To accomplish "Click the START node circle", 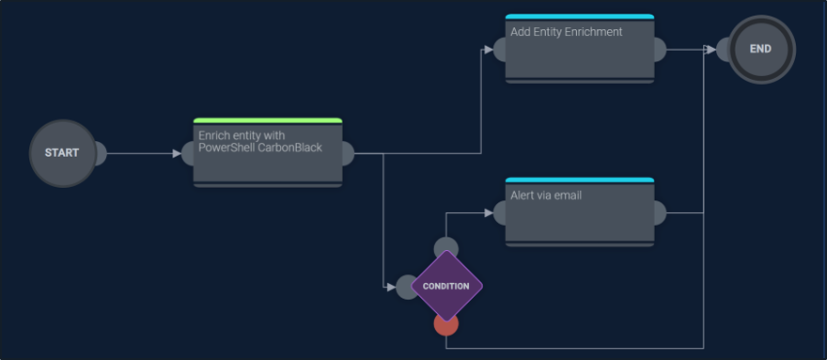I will click(x=62, y=153).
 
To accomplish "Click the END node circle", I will click(x=760, y=49).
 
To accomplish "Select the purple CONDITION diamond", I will click(x=446, y=286).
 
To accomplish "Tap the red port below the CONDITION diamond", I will click(x=446, y=325).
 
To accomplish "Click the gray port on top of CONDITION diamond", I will click(x=446, y=246).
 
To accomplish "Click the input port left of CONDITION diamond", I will click(x=406, y=286).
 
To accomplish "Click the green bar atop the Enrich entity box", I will click(x=267, y=120).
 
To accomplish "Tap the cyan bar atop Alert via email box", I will click(x=579, y=180).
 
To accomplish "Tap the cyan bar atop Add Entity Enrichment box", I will click(x=579, y=16).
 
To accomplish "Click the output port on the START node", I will click(x=100, y=153).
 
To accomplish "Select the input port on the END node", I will click(x=725, y=49).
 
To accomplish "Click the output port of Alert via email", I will click(x=659, y=213).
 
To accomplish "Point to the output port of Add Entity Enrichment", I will click(x=659, y=49).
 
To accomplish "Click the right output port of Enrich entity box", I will click(x=347, y=153).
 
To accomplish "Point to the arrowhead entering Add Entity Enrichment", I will click(x=488, y=49).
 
